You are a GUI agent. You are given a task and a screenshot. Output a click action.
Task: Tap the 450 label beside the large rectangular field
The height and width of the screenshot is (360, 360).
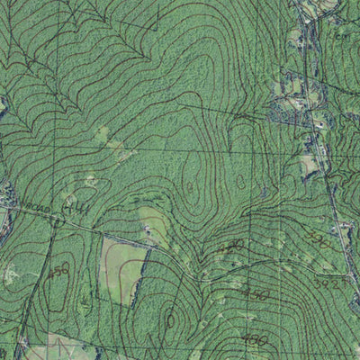point(59,270)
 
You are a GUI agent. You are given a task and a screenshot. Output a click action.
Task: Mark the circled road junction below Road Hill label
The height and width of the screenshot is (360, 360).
point(58,219)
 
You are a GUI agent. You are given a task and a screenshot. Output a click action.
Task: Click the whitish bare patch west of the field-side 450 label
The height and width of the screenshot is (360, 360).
point(11,272)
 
